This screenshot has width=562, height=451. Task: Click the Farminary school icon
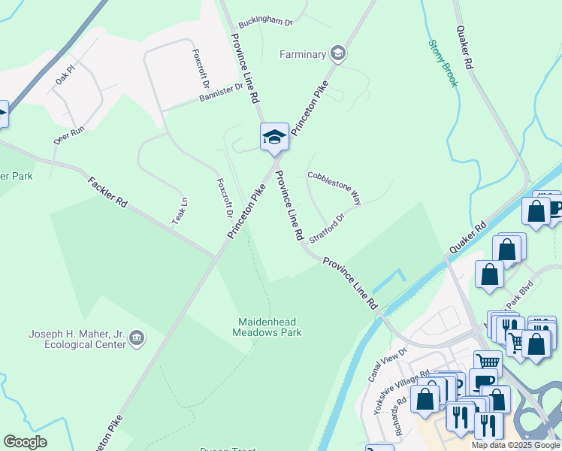pyautogui.click(x=338, y=53)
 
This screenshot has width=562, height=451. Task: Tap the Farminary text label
pyautogui.click(x=303, y=54)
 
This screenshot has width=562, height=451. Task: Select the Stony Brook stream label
pyautogui.click(x=443, y=63)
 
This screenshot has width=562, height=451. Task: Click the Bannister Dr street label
pyautogui.click(x=222, y=92)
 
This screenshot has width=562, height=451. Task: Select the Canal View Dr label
pyautogui.click(x=388, y=364)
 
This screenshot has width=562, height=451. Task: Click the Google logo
pyautogui.click(x=25, y=442)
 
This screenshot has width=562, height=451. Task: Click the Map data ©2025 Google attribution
pyautogui.click(x=515, y=445)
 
